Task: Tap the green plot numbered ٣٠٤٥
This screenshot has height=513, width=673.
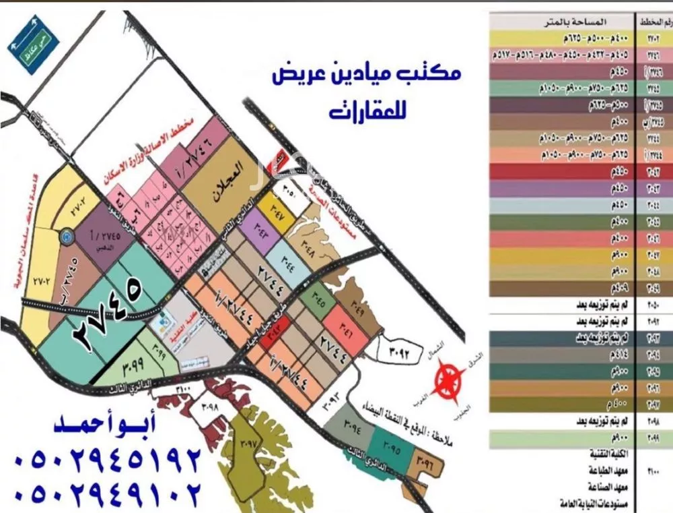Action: click(318, 301)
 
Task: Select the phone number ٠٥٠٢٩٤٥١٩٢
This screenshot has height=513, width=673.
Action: click(108, 461)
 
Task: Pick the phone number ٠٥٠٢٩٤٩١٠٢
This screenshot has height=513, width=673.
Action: click(108, 495)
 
